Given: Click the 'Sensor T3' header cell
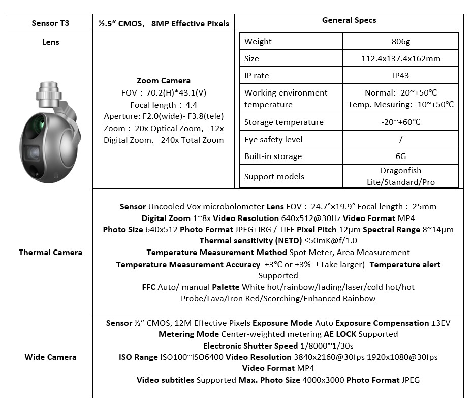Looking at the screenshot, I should [x=50, y=23].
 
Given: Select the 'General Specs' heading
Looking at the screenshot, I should [x=349, y=20].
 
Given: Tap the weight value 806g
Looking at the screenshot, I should [x=400, y=42].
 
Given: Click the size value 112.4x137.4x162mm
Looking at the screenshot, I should [x=400, y=58].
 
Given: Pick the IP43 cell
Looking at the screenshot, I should [x=400, y=75].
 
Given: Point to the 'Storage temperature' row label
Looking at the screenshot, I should [x=283, y=122].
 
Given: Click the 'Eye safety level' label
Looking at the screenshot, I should [x=273, y=139].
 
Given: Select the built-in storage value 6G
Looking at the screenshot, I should [x=400, y=156].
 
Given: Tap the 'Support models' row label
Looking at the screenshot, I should [x=274, y=177].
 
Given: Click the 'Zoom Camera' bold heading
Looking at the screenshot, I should [x=164, y=81].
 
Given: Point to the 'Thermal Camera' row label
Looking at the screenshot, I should [x=50, y=252].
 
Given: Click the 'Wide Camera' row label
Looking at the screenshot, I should [x=50, y=357].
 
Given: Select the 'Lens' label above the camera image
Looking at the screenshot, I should [x=50, y=42].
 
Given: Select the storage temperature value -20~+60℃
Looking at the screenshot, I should [x=400, y=122].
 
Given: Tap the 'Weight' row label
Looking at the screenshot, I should [x=258, y=42].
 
